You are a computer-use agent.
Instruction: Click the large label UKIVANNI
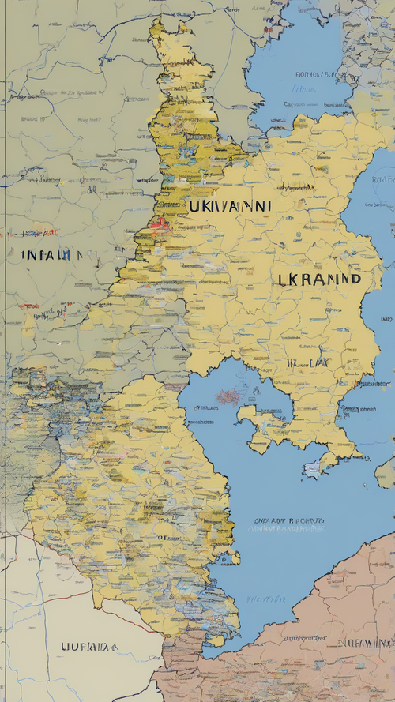pyautogui.click(x=229, y=207)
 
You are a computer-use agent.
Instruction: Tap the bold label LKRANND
pyautogui.click(x=319, y=279)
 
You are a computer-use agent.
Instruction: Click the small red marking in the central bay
pyautogui.click(x=227, y=396)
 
